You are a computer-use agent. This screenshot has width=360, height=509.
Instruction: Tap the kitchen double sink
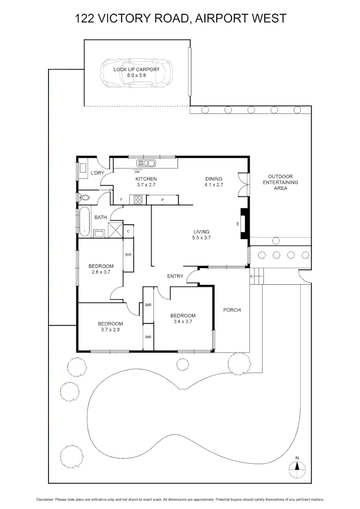tap(146, 163)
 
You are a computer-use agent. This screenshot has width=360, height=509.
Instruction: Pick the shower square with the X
tap(115, 230)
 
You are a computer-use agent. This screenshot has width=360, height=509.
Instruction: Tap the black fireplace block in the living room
tap(244, 224)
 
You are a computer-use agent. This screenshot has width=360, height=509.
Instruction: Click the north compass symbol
tap(297, 467)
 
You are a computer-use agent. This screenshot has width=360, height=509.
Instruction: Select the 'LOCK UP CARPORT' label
tap(136, 69)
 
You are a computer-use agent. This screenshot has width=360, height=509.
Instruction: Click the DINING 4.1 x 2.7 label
tap(213, 182)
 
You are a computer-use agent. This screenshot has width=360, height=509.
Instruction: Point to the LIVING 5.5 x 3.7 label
tap(201, 235)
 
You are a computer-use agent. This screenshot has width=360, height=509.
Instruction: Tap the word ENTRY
tap(175, 276)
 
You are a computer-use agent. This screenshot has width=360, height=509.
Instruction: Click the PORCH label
tap(232, 310)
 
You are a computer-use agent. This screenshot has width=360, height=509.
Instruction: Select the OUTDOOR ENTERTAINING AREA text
tap(280, 182)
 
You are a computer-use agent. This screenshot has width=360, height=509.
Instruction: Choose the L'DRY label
tap(97, 173)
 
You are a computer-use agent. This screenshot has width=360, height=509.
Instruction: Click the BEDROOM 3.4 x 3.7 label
tap(183, 319)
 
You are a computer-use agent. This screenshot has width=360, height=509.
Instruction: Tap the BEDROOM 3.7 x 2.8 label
tap(110, 327)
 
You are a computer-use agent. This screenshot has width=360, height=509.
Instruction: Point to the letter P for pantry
tap(162, 200)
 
